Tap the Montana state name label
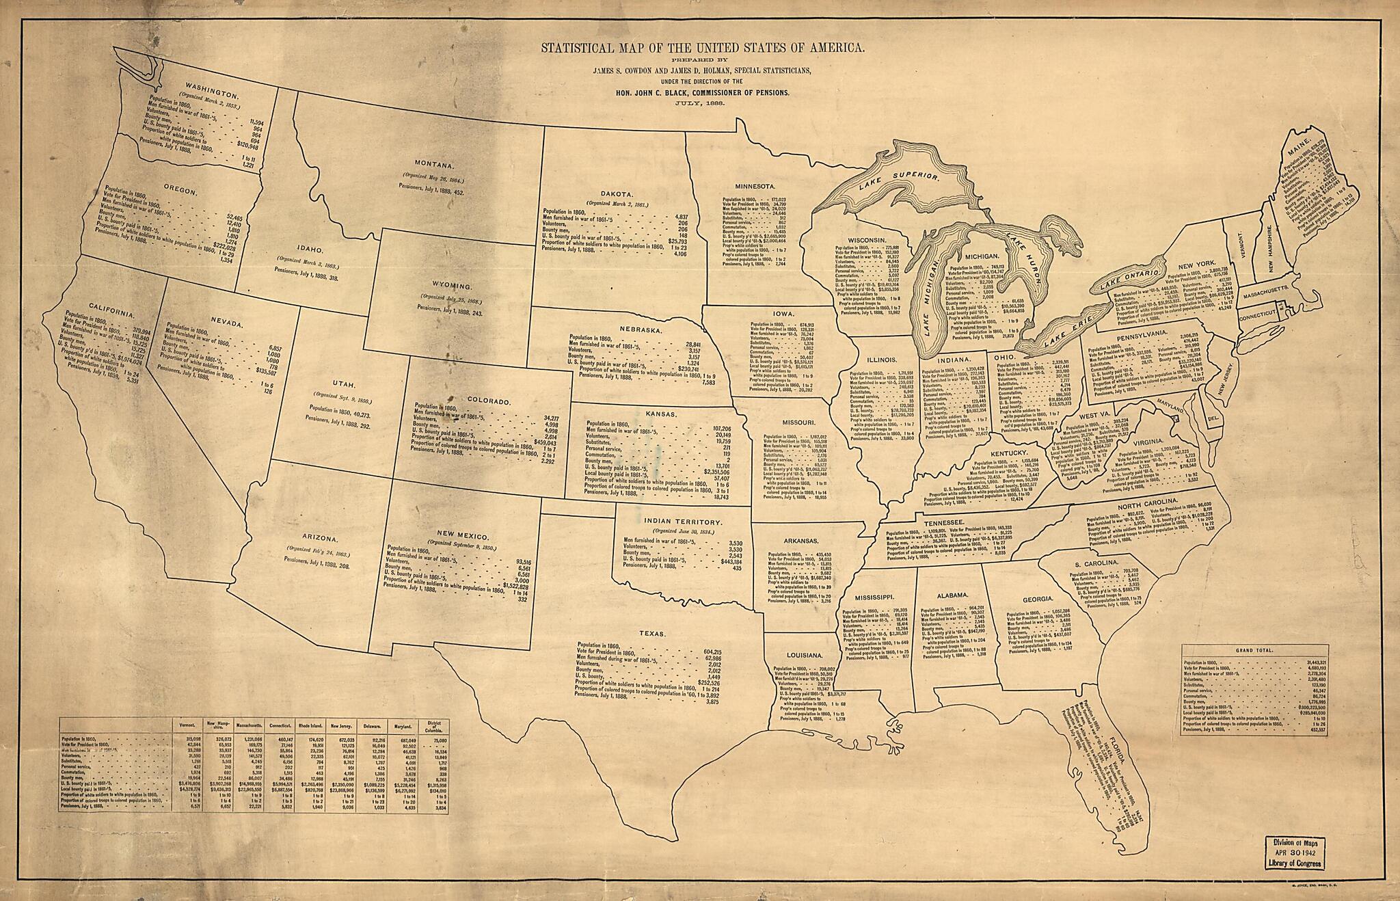pos(434,165)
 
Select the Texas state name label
pos(653,634)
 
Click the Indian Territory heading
pos(684,521)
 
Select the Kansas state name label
pos(660,414)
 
